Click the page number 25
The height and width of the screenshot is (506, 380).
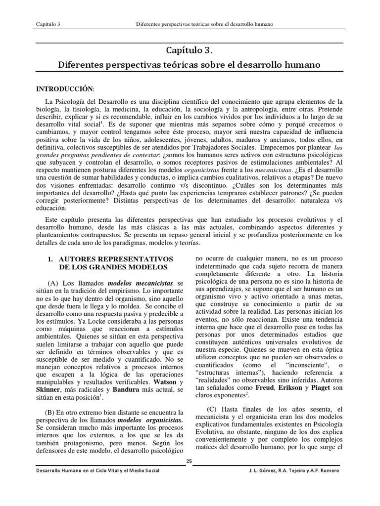pyautogui.click(x=189, y=461)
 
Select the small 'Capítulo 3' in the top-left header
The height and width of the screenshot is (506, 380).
pyautogui.click(x=48, y=25)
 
